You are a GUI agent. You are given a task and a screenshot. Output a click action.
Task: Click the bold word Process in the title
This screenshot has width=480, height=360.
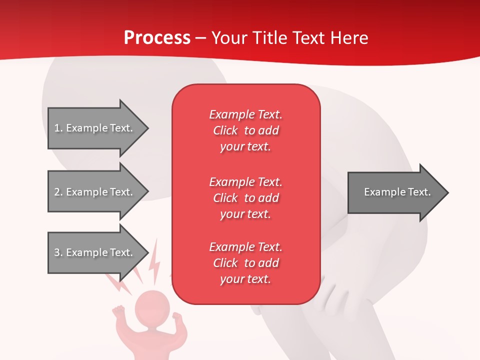pos(157,38)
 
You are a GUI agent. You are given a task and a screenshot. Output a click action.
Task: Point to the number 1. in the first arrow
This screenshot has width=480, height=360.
pos(58,128)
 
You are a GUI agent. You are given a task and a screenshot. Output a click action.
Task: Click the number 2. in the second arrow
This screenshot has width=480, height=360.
pos(58,192)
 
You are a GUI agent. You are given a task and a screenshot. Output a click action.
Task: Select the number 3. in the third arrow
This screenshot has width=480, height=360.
pos(58,252)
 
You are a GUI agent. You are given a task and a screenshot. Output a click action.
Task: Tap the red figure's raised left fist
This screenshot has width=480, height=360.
pos(118,311)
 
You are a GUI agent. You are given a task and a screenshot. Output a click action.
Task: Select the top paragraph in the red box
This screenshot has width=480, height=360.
pos(245,130)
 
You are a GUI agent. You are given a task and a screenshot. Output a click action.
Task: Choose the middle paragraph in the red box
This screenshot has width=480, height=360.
pos(245,197)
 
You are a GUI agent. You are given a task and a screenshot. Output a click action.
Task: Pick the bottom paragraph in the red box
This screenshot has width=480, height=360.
pos(245,263)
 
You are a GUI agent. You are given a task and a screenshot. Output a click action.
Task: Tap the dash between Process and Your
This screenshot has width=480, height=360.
pos(200,38)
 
